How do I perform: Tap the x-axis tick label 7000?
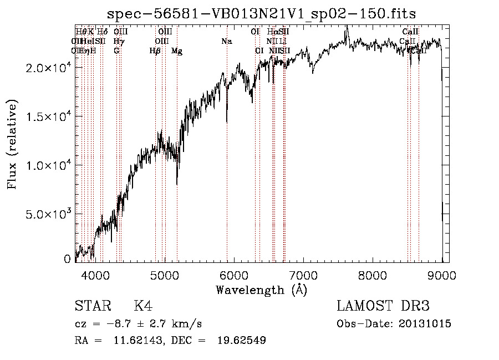coord(303,275)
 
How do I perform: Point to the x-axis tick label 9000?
coord(441,275)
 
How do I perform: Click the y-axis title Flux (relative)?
coord(13,145)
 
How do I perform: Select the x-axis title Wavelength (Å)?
coord(261,290)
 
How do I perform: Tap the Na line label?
coord(226,42)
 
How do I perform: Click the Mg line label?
coord(177,51)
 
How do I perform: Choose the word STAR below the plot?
coord(91,306)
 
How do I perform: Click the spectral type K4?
coord(143,306)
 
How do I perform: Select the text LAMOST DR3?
coord(383,306)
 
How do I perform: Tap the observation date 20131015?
coord(424,324)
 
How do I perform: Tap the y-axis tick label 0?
coord(67,259)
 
